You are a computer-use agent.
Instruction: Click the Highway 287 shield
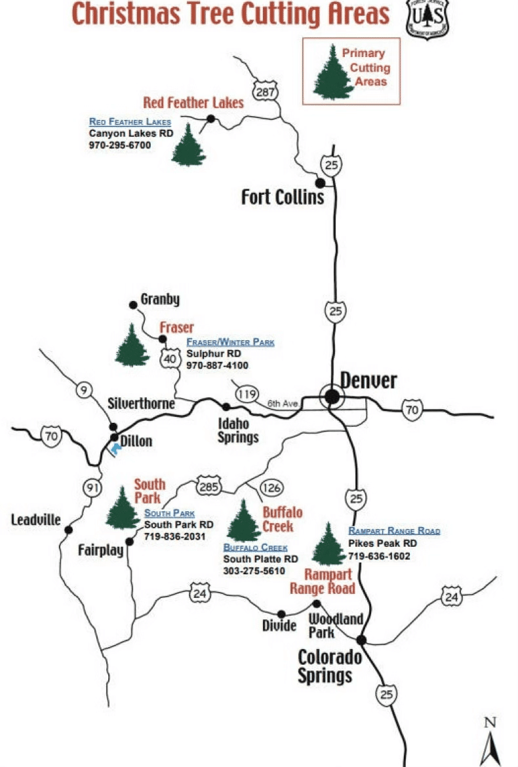tap(266, 92)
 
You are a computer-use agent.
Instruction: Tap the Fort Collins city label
tap(283, 197)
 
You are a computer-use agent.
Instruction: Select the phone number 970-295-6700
tap(120, 145)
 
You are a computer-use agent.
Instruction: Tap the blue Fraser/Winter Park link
tap(230, 343)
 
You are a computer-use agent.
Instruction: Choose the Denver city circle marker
tap(332, 396)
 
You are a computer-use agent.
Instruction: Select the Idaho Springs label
tap(238, 430)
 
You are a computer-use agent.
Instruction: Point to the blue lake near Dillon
tap(116, 450)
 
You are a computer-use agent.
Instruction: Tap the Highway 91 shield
tap(92, 488)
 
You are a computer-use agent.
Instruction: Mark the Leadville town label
tap(35, 521)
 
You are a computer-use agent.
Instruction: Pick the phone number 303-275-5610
tap(254, 571)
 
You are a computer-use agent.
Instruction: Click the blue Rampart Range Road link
tap(394, 531)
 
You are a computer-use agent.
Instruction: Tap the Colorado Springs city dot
tap(361, 640)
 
